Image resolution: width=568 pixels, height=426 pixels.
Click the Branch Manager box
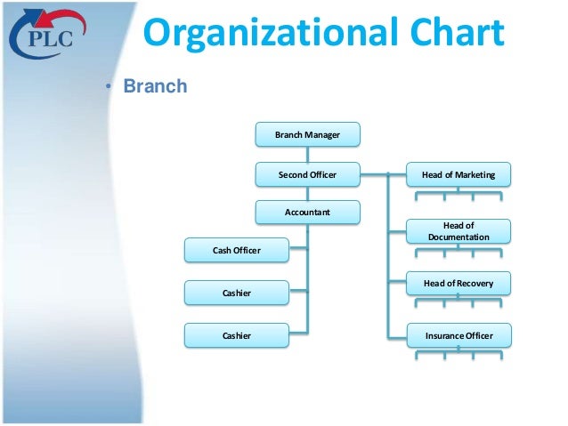(307, 134)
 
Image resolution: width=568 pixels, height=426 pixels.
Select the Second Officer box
(307, 174)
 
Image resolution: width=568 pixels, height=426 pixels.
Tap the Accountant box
(307, 213)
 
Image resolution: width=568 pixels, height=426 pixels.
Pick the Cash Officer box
(236, 251)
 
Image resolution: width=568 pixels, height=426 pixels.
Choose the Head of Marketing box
(459, 174)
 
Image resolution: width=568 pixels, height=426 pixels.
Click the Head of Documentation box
(459, 231)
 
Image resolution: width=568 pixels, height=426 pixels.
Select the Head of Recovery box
(459, 284)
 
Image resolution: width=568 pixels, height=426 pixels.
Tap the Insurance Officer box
(459, 335)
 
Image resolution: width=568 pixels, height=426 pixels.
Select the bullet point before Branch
(110, 87)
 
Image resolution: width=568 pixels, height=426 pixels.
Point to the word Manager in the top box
(322, 134)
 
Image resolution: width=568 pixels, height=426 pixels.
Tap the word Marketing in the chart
(474, 174)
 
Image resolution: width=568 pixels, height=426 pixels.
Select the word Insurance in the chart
(443, 335)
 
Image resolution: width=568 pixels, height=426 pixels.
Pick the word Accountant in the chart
(307, 213)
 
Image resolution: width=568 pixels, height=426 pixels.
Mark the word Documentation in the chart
(458, 237)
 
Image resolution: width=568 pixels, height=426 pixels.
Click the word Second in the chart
(292, 174)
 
